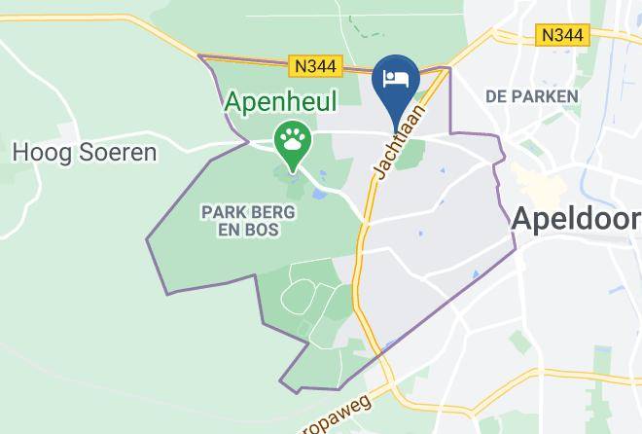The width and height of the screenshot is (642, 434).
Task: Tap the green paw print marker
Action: (x=291, y=138)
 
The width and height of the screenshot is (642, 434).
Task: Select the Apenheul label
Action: (x=281, y=101)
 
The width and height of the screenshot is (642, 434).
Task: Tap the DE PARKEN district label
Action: (x=531, y=96)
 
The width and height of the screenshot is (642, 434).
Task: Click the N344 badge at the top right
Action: (x=562, y=35)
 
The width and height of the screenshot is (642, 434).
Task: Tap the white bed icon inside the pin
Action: (x=396, y=79)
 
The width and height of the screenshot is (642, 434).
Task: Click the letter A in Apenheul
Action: (x=234, y=101)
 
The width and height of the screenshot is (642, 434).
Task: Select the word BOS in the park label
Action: (x=264, y=230)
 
